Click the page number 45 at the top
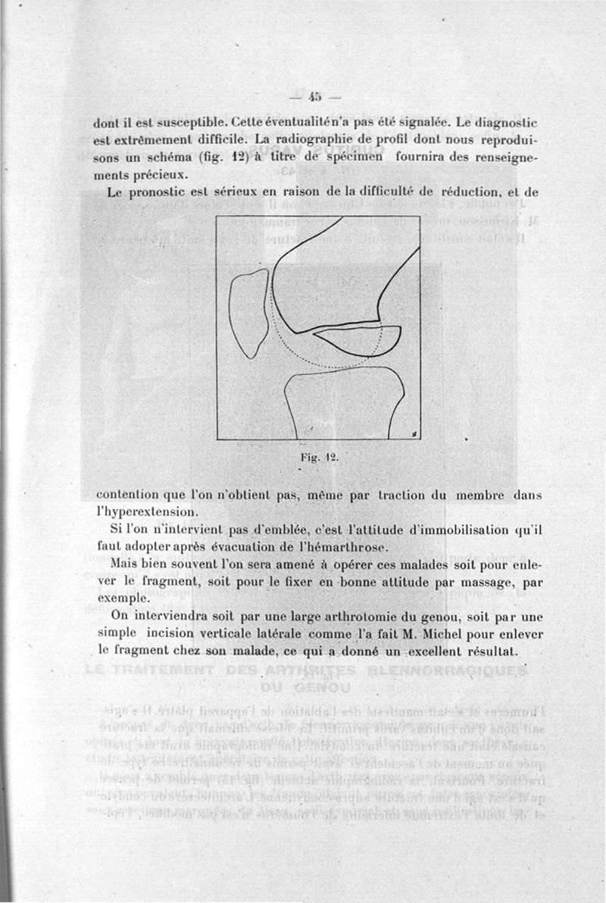point(314,96)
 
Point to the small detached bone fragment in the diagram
point(356,339)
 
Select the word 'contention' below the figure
point(129,495)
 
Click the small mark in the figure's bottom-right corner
point(414,433)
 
